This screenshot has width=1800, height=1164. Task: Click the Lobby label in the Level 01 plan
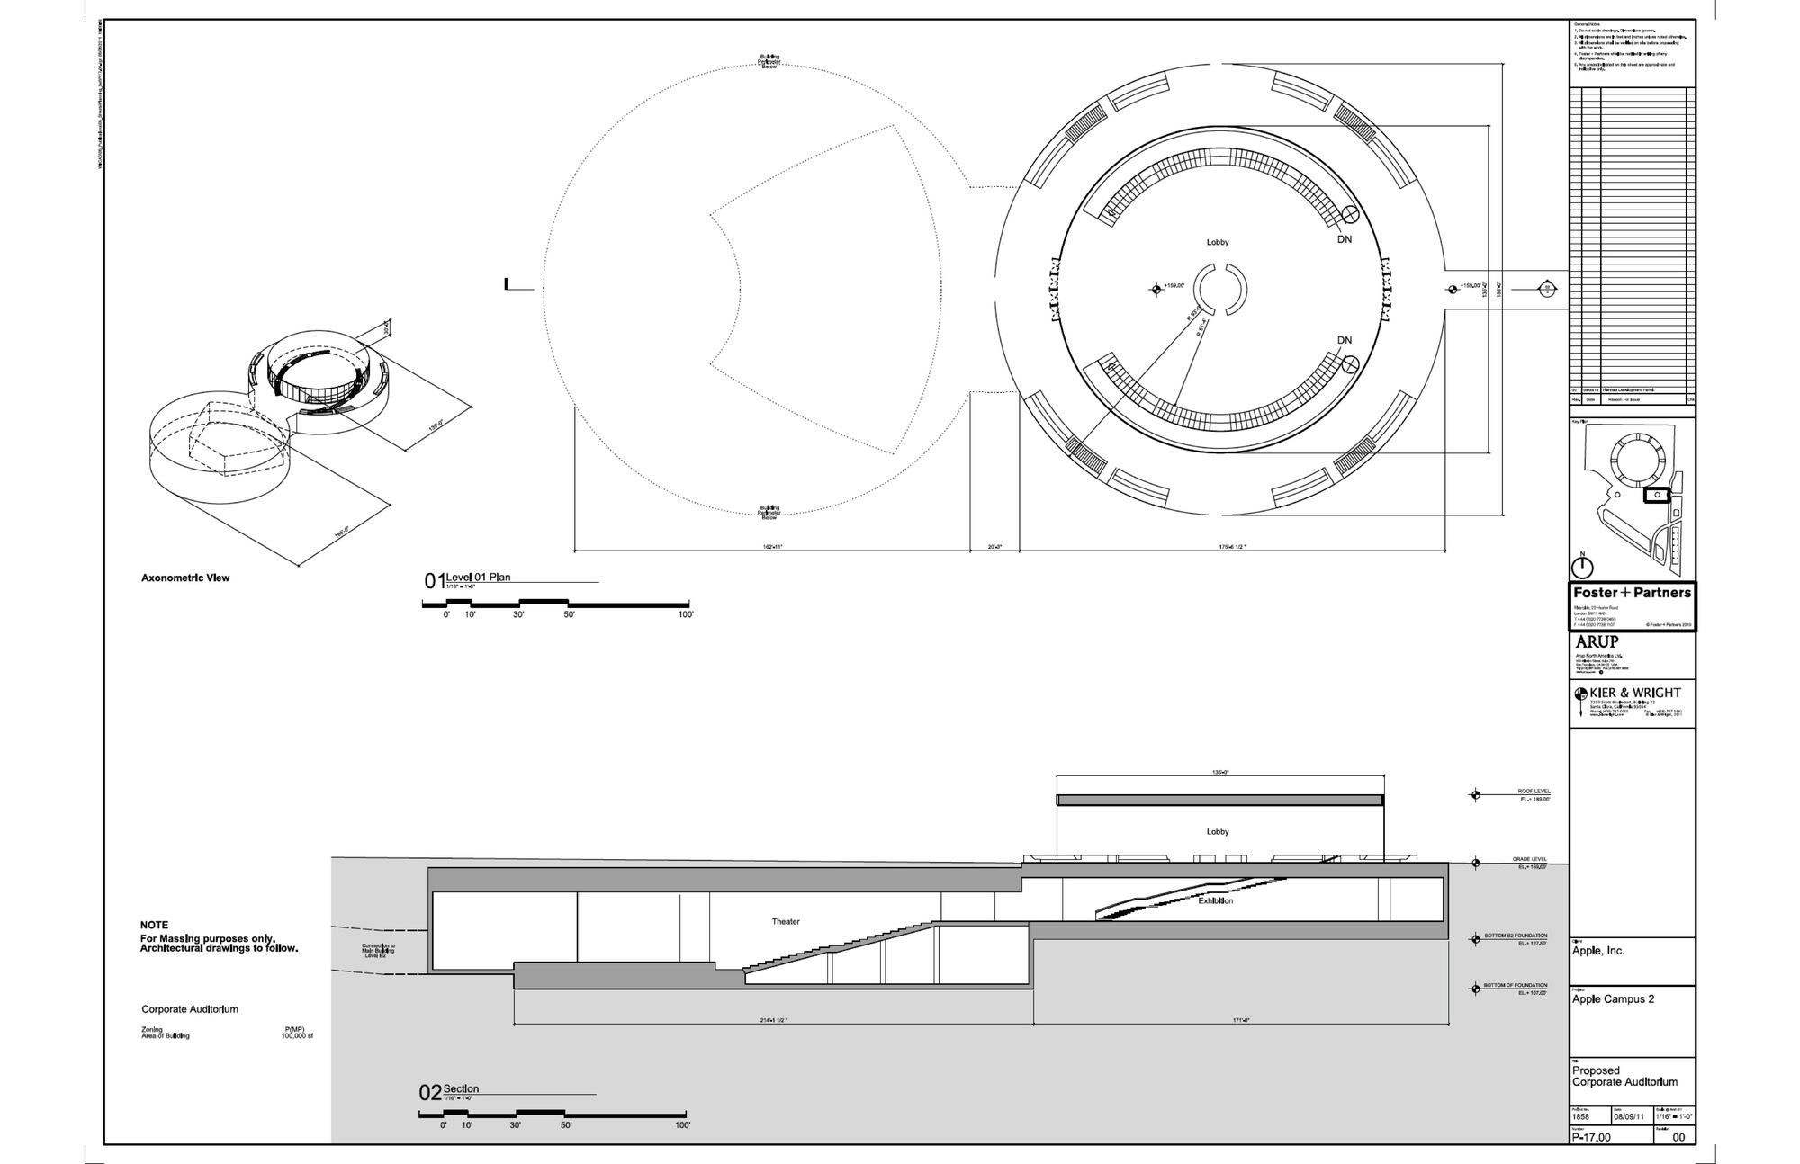point(1217,242)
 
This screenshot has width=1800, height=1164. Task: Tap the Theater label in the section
point(785,921)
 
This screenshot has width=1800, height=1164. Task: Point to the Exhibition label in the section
point(1215,900)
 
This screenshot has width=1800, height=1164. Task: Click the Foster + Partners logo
point(1631,593)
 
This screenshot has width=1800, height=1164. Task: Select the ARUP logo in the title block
point(1597,642)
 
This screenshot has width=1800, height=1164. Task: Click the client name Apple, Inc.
point(1598,951)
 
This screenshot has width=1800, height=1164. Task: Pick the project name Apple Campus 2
point(1613,999)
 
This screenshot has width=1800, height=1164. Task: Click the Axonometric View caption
point(185,578)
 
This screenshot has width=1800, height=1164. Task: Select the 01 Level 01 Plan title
point(468,579)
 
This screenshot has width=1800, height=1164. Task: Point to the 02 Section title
point(450,1091)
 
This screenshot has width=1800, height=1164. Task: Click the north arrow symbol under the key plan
point(1582,567)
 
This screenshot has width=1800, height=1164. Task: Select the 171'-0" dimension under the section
point(1242,1020)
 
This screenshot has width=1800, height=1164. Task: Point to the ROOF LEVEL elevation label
point(1534,792)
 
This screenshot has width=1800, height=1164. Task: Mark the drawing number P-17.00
point(1591,1138)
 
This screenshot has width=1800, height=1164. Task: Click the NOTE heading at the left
point(154,925)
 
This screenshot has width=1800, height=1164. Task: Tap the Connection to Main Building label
point(378,951)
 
